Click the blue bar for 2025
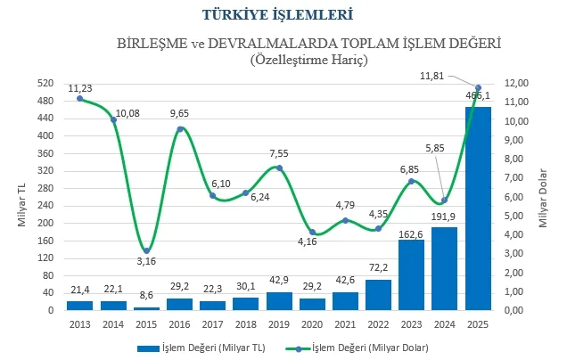(478, 209)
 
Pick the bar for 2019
(279, 301)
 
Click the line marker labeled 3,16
(147, 250)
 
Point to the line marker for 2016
(180, 129)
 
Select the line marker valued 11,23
(80, 98)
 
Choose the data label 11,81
(432, 76)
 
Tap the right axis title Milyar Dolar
(542, 197)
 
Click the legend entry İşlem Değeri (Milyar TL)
(195, 347)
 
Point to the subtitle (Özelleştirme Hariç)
(308, 61)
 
